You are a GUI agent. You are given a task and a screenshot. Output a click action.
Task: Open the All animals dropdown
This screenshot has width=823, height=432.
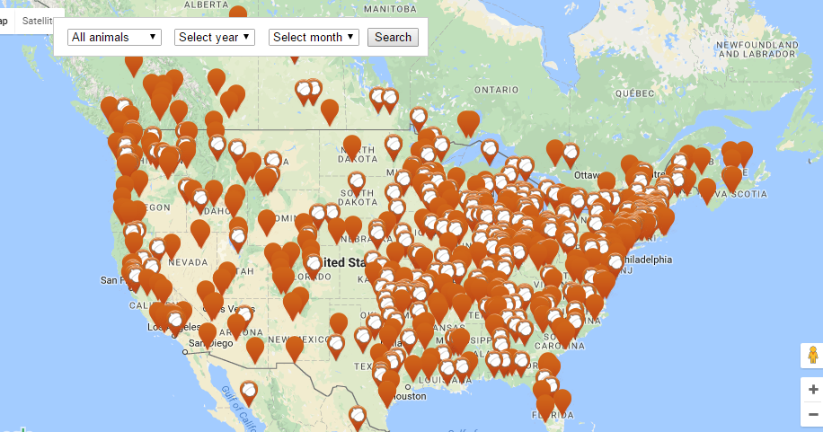(114, 37)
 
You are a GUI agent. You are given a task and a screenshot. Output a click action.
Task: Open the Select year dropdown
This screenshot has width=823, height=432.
(215, 37)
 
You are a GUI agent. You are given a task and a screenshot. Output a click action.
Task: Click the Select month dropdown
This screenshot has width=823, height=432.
(314, 37)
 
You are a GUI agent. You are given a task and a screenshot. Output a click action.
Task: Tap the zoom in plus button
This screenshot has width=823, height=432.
(812, 390)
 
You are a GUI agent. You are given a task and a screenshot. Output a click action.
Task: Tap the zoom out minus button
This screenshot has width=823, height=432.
(812, 414)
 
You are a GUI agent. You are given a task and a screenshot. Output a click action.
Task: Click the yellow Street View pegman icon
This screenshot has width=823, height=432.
(812, 355)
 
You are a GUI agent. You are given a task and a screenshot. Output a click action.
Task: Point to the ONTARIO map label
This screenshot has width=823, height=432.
(497, 90)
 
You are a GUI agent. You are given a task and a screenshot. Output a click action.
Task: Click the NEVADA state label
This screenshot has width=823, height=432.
(186, 261)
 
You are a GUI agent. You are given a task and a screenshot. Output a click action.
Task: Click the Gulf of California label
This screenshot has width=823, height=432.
(235, 403)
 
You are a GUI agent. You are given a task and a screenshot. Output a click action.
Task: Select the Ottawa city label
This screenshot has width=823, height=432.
(586, 174)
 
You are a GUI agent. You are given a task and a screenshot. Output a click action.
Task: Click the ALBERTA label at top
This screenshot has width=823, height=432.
(205, 4)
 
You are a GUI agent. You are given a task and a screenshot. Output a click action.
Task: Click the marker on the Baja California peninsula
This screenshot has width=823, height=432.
(248, 391)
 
